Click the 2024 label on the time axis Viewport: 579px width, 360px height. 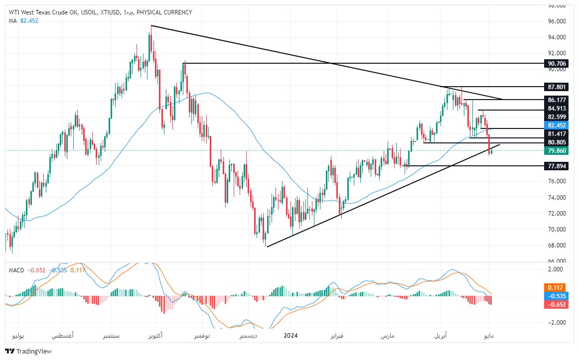pos(290,336)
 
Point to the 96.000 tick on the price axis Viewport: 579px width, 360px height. pos(557,21)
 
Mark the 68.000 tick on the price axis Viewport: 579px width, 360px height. pos(557,245)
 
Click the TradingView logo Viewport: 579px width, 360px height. pos(28,351)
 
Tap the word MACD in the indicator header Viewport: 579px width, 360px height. pos(16,270)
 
